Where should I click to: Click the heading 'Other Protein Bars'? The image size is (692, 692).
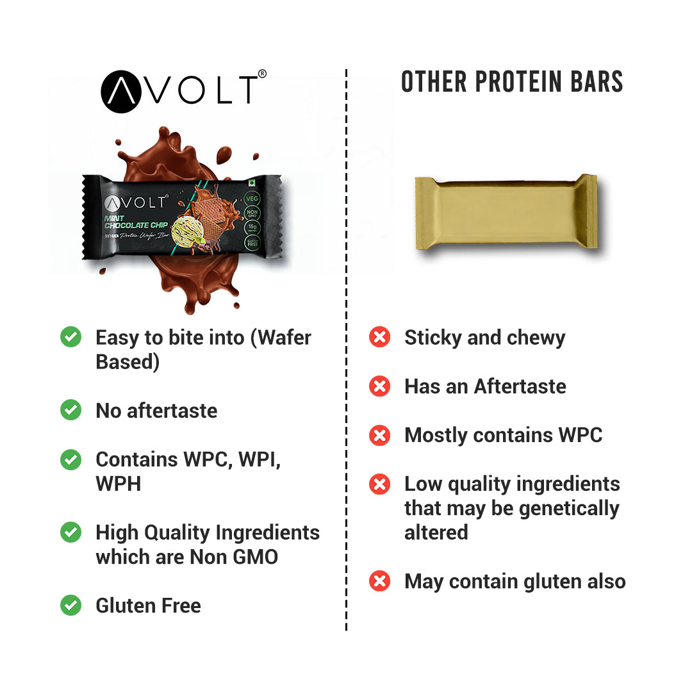[x=512, y=83]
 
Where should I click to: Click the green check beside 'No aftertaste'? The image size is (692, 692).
[x=70, y=410]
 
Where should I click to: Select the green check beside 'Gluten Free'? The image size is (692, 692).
[x=70, y=605]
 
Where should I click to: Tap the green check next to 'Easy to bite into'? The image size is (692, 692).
[x=70, y=337]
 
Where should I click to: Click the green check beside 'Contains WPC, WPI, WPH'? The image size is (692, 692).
[x=70, y=459]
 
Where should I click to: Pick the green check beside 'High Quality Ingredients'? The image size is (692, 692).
[x=70, y=532]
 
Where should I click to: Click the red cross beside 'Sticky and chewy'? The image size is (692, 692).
[x=380, y=337]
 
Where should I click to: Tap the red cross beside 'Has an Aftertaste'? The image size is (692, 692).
[x=380, y=386]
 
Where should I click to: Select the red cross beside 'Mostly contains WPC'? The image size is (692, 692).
[x=380, y=434]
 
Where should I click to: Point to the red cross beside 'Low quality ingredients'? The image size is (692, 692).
[x=380, y=484]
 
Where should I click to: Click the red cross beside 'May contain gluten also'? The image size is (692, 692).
[x=380, y=581]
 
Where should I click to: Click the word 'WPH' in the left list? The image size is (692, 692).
[x=118, y=484]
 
